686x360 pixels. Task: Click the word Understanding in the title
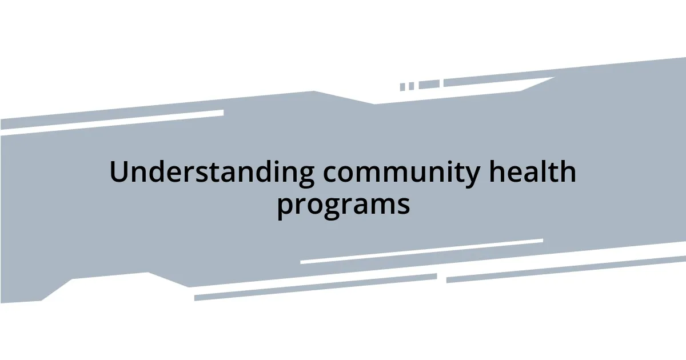pos(212,172)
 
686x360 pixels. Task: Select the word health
pos(532,172)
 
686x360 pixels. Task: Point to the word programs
pos(343,204)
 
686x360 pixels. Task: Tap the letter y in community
pos(472,177)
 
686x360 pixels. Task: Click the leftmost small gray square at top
pos(402,87)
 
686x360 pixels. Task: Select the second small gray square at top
pos(411,86)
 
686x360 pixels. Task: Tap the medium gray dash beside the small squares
pos(429,85)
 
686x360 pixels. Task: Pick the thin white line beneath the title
pos(421,251)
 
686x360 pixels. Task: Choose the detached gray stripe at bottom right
pos(566,269)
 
